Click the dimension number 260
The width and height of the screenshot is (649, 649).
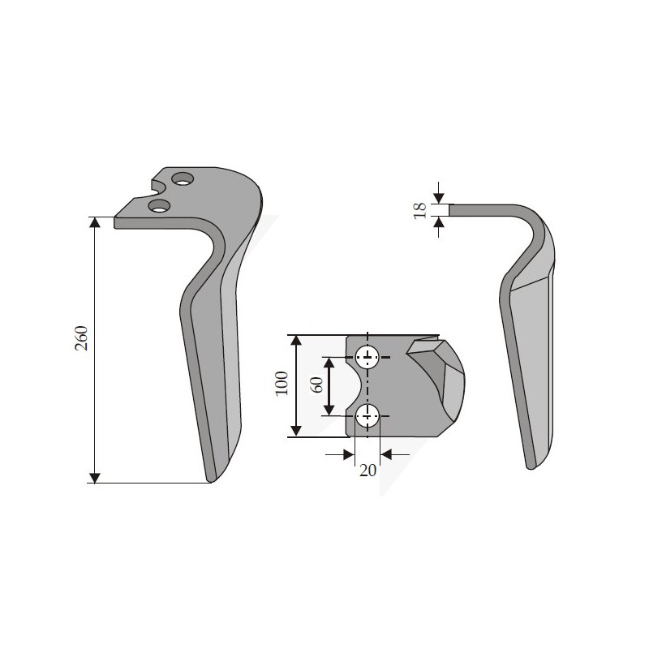(82, 338)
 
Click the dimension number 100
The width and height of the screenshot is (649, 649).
(282, 383)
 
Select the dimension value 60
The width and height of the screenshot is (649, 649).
(316, 385)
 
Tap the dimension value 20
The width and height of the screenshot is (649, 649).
(367, 471)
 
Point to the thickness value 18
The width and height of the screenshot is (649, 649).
(420, 211)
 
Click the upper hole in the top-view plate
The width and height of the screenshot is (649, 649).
(367, 357)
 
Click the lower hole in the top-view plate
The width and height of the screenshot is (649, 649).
(367, 416)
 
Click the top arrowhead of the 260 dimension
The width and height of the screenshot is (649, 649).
(95, 221)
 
